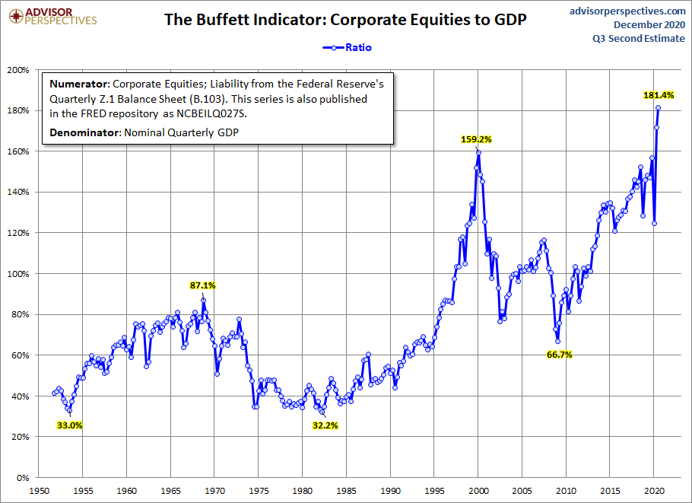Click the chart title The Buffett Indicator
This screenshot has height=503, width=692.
point(346,19)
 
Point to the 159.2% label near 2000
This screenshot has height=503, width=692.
point(476,139)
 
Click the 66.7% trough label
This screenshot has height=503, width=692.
point(559,355)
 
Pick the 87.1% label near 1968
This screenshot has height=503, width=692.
point(203,285)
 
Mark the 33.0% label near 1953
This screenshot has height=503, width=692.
point(69,425)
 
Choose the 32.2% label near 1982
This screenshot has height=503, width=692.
point(325,425)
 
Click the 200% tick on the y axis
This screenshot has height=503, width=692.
point(17,70)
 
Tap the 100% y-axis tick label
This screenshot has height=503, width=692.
point(17,274)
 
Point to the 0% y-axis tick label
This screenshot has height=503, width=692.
point(21,478)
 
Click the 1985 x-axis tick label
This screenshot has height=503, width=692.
point(347,492)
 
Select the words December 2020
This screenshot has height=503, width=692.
point(645,25)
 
